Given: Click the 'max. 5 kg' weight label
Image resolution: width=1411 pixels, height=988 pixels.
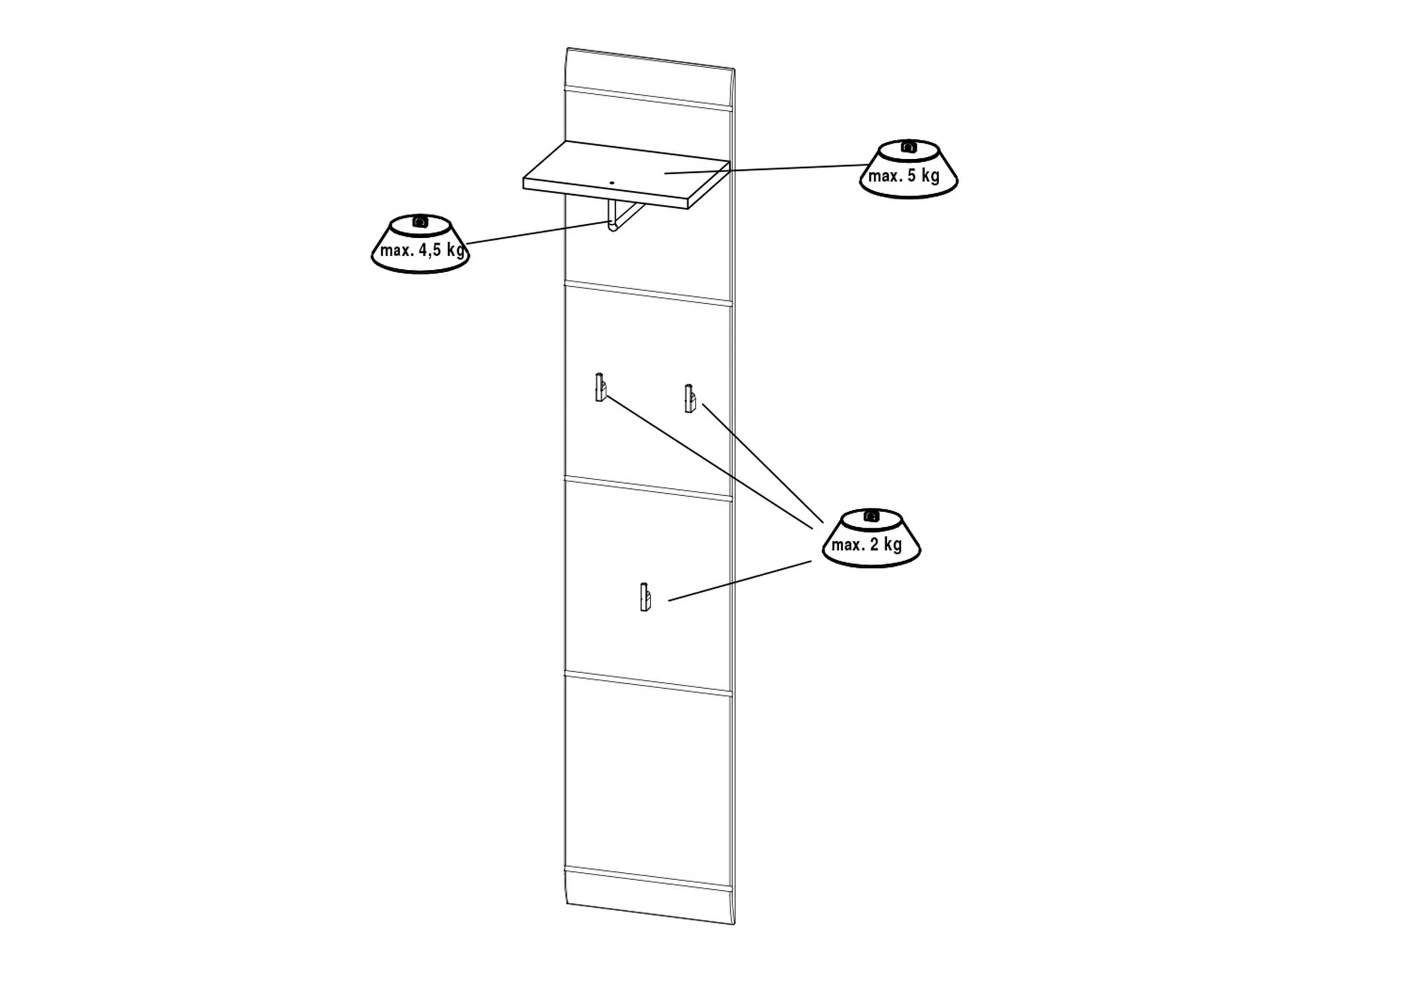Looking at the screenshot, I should point(904,176).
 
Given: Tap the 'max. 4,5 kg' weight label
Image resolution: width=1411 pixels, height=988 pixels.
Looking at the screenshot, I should point(422,250).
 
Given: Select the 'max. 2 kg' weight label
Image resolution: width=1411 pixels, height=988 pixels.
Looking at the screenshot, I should point(866,545).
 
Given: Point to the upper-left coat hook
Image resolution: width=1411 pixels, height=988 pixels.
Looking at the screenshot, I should point(601,387).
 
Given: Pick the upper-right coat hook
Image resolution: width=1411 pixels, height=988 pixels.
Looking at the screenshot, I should point(690,399).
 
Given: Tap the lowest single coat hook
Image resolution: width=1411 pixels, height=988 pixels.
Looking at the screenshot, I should point(645,596).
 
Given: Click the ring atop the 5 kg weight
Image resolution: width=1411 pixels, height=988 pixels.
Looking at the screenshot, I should point(908,146).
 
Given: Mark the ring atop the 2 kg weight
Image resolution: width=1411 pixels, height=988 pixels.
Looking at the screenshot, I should point(870,516).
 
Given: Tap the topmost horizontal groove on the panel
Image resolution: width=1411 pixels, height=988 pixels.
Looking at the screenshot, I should point(648,98).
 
